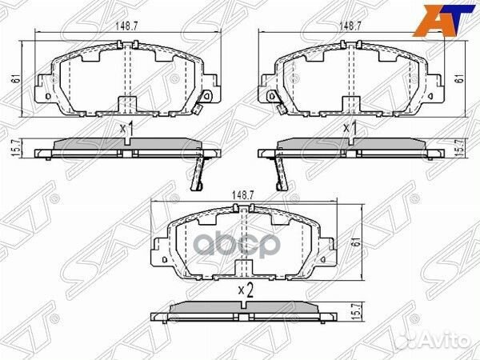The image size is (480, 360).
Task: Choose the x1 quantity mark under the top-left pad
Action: coord(125,128)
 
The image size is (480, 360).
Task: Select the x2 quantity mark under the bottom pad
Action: coord(244,292)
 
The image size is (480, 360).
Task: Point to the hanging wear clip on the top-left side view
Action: coord(196,172)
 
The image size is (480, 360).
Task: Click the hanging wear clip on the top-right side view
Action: coord(281,172)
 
